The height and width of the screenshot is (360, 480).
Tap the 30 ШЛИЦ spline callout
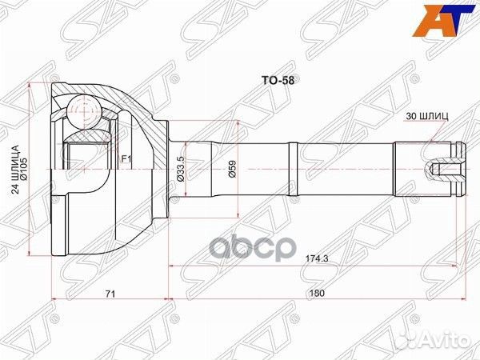(433, 116)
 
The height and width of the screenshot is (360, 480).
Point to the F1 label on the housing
(126, 159)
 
